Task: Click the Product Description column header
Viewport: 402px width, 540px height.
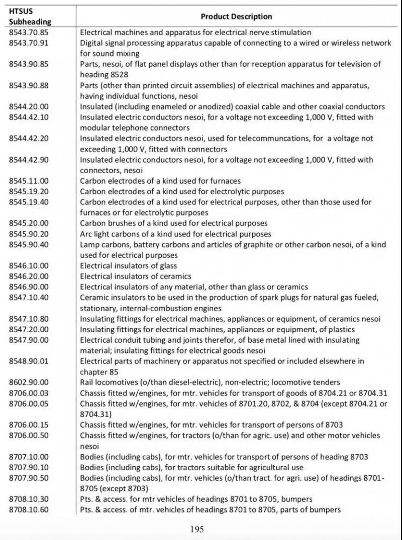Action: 236,17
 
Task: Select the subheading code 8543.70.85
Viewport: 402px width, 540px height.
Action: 29,32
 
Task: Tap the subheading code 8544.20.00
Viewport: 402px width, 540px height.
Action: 29,106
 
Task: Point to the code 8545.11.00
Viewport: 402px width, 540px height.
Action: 29,181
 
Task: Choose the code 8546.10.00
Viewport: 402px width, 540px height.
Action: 29,265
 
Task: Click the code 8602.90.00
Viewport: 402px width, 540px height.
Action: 29,382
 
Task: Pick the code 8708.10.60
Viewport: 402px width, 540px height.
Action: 29,510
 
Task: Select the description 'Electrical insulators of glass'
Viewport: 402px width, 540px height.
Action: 129,265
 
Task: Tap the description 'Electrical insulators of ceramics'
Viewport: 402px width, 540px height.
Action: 136,276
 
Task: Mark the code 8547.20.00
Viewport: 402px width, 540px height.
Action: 29,329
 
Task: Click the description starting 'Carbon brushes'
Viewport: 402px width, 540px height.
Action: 174,223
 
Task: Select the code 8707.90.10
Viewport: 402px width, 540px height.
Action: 29,467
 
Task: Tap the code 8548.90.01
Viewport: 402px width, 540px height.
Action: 29,361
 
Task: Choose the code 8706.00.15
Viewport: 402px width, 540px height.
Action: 29,425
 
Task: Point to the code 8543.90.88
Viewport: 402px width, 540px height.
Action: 29,85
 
